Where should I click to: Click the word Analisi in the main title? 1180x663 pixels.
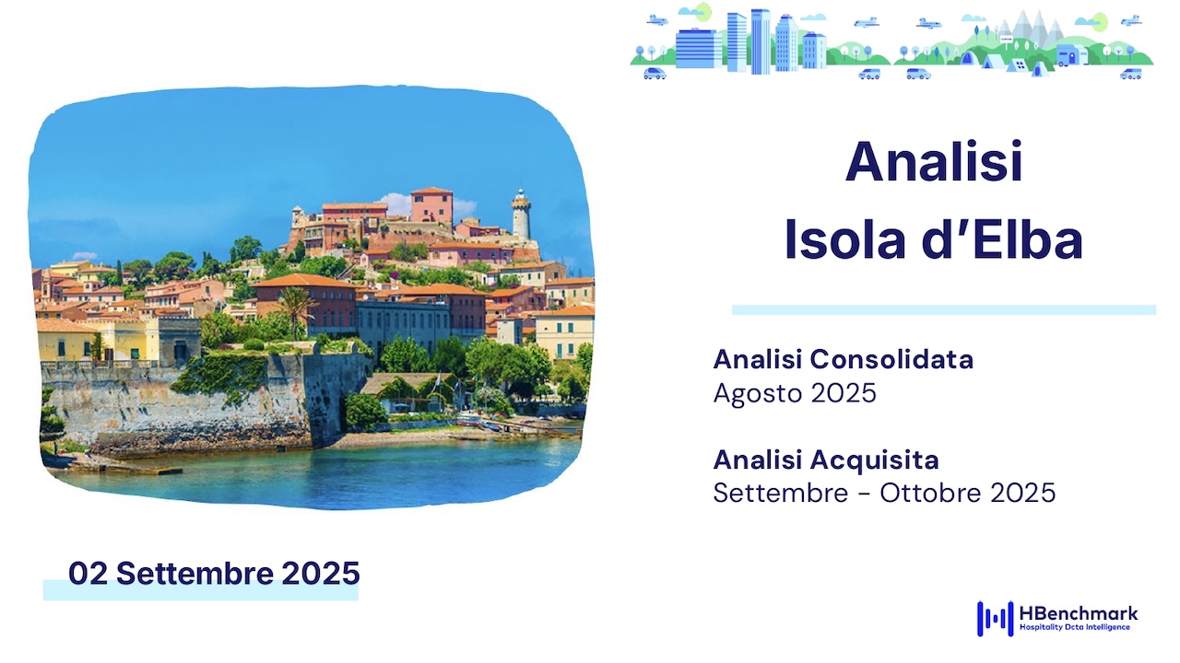point(934,161)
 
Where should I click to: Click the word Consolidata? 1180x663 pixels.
point(891,359)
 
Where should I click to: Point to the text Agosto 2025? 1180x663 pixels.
point(795,393)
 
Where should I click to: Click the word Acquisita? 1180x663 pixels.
point(875,459)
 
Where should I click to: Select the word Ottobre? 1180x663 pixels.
point(931,493)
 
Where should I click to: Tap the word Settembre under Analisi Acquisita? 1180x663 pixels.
point(781,493)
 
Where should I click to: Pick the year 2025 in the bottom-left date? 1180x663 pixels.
point(321,573)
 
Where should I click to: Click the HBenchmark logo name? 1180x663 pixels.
point(1079,613)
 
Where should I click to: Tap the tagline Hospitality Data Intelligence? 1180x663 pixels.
point(1075,627)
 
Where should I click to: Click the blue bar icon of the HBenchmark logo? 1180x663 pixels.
point(995,618)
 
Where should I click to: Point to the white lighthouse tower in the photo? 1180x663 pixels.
point(521,215)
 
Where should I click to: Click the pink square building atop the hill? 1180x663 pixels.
point(431,204)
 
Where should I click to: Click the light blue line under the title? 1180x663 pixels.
point(944,310)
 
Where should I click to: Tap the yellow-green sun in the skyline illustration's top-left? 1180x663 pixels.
point(703,12)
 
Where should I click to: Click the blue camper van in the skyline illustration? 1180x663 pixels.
point(1071,54)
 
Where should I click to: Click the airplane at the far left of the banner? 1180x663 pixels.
point(657,20)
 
